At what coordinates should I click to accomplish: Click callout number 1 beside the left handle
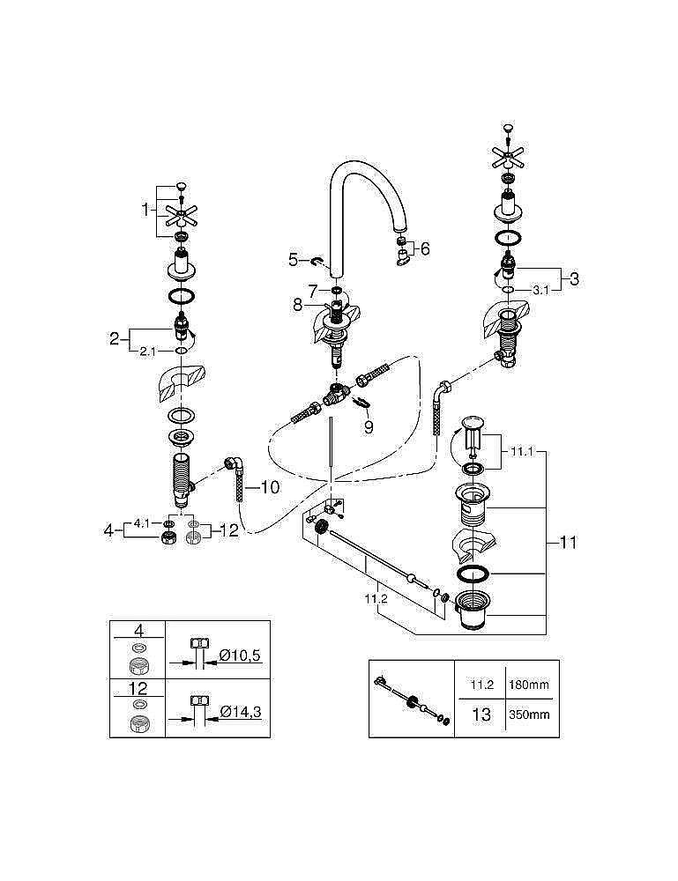click(x=146, y=211)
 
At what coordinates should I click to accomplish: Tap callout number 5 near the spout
click(x=294, y=259)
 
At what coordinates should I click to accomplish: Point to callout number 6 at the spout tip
click(x=424, y=249)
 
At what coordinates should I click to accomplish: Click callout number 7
click(x=311, y=289)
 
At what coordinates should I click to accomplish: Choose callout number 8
click(x=298, y=305)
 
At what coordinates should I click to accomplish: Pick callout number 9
click(x=369, y=426)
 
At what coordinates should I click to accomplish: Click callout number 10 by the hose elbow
click(x=270, y=485)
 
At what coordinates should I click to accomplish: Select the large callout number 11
click(x=568, y=543)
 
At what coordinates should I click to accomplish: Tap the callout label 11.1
click(x=520, y=451)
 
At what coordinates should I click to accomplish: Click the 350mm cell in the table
click(x=529, y=714)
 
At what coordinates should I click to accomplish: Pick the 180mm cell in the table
click(x=529, y=683)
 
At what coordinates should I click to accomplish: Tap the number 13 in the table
click(x=481, y=714)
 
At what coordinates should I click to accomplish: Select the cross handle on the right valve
click(x=510, y=158)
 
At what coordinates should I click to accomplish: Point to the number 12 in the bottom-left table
click(x=138, y=687)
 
